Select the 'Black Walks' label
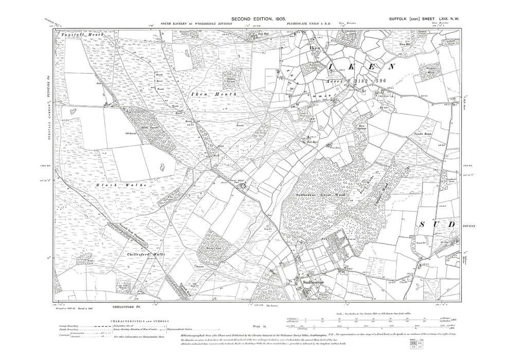121,184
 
